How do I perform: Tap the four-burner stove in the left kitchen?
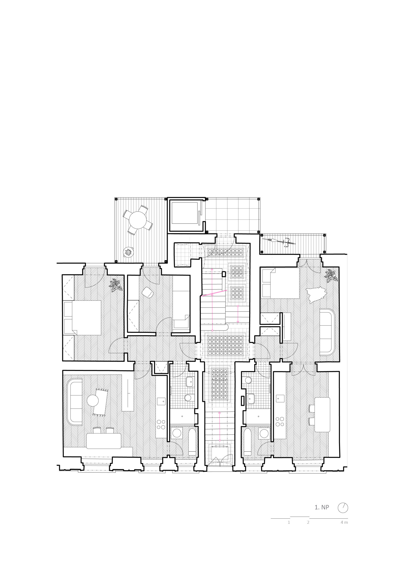point(161,424)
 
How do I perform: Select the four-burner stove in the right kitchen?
point(280,421)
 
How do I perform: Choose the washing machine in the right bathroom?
point(264,433)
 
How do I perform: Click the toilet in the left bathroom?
point(188,397)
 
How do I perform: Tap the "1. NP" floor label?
point(322,507)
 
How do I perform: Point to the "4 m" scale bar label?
point(344,522)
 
